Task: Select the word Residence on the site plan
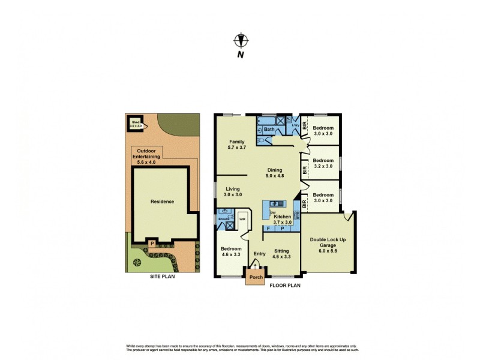click(162, 202)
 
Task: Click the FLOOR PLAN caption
click(286, 286)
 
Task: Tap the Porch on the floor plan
click(256, 278)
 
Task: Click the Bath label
click(269, 130)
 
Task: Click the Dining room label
click(275, 170)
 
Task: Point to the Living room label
click(233, 189)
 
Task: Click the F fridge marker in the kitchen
click(268, 229)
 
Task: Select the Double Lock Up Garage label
click(327, 243)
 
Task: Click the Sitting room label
click(281, 251)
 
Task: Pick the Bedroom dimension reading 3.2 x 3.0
click(323, 166)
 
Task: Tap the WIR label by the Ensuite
click(242, 220)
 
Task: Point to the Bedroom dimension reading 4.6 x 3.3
click(231, 254)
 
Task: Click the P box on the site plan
click(152, 243)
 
